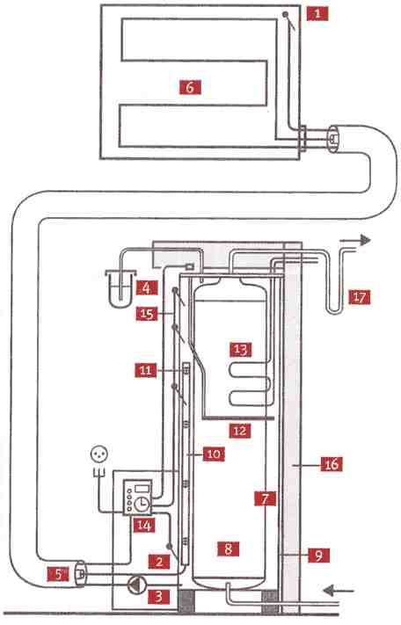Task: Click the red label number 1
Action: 317,14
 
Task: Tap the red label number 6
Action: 190,87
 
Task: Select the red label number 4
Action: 147,287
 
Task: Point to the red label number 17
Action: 359,297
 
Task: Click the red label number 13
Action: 241,350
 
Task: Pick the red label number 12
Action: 240,431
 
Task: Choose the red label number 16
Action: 332,464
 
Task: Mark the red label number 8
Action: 228,549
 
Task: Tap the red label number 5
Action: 58,574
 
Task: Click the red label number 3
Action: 158,597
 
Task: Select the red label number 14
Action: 143,526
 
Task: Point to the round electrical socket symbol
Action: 99,454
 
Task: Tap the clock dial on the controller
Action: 141,505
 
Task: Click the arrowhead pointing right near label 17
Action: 366,240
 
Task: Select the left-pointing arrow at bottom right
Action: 338,590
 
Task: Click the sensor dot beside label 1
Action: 286,14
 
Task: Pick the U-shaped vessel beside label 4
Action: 120,290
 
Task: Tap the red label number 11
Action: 145,371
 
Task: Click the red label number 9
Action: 319,556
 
